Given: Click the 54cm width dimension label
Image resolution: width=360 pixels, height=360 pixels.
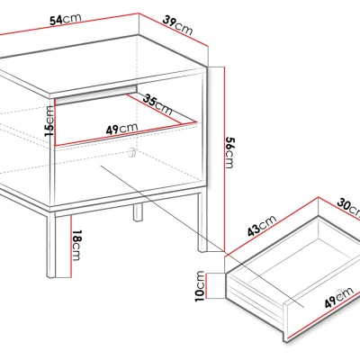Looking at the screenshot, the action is (66, 19).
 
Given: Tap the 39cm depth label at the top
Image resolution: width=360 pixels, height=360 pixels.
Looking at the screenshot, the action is (177, 26).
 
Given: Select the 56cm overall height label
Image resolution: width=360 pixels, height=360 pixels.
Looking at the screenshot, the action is (229, 153).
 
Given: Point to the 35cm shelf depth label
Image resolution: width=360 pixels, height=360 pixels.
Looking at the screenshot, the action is (157, 104).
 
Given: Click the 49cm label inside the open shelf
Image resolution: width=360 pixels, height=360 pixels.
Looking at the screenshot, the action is (121, 129).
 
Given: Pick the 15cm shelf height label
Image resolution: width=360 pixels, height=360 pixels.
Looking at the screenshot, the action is (49, 121).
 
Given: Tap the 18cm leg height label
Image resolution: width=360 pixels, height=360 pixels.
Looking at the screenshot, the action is (76, 245).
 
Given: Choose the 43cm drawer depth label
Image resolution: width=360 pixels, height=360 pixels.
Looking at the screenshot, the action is (262, 226).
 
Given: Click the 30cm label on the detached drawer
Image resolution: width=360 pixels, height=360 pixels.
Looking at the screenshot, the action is (348, 207).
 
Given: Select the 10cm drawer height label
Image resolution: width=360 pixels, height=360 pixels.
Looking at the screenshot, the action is (200, 286).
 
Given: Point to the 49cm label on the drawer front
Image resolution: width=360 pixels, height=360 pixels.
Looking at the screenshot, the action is (339, 298).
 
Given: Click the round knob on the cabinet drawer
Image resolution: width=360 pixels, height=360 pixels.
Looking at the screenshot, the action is (131, 153).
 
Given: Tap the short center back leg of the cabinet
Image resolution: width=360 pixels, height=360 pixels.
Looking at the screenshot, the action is (138, 212).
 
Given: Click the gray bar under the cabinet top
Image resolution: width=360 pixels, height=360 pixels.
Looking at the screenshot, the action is (96, 95).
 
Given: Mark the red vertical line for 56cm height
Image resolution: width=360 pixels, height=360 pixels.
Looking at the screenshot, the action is (224, 159).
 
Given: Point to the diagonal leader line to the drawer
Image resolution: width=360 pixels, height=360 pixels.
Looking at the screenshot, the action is (202, 236).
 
